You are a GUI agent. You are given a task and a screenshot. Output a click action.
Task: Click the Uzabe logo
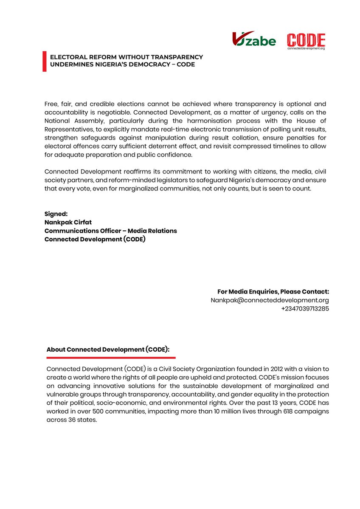254,39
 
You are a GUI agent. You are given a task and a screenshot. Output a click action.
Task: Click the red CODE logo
306,41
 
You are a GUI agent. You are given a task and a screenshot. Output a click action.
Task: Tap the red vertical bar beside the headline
44,61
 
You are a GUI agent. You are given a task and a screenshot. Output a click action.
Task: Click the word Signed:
56,214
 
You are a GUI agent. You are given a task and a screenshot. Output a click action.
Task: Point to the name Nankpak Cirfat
68,222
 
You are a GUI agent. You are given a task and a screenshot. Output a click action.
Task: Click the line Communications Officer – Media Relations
110,231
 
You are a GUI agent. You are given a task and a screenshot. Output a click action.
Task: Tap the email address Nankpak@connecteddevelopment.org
270,300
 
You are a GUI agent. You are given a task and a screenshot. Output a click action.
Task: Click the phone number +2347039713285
305,309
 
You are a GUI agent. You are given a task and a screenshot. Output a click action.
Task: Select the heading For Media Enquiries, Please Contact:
273,292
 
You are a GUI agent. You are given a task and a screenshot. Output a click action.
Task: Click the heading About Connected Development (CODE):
108,350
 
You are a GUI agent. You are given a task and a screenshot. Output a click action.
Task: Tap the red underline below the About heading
110,358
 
